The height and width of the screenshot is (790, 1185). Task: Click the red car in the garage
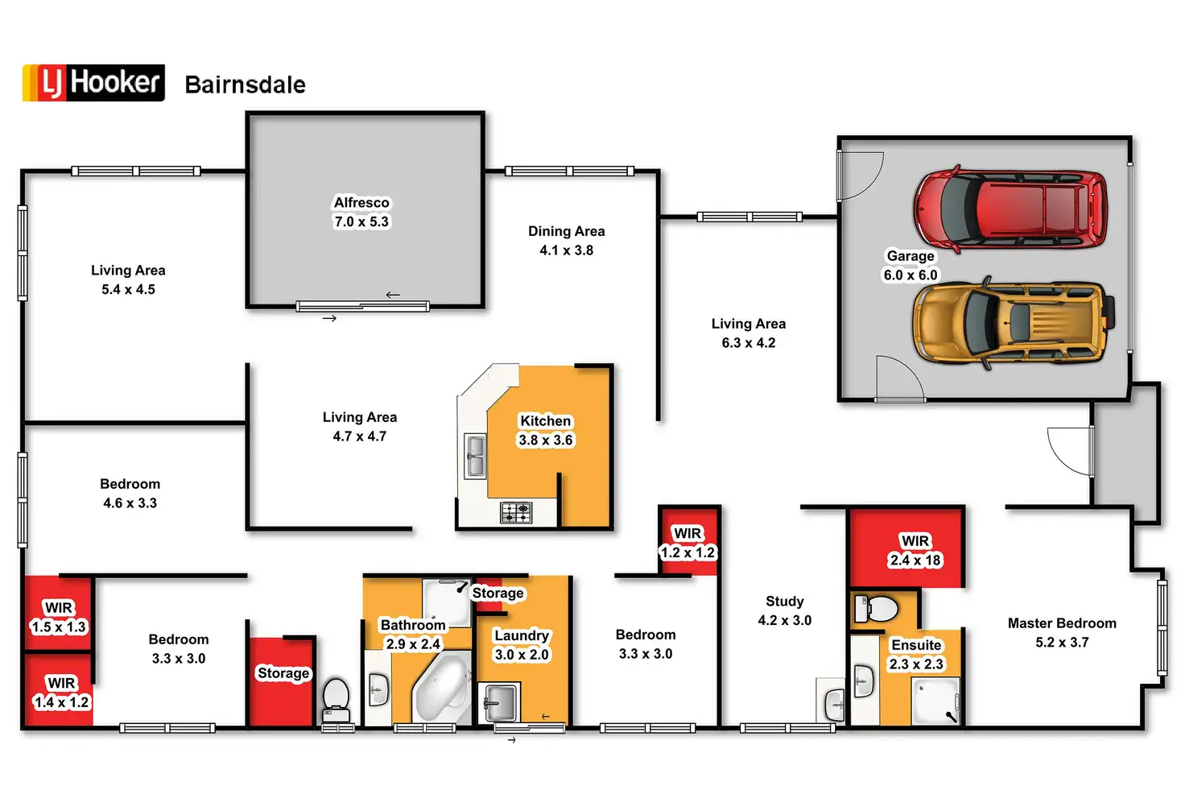1010,207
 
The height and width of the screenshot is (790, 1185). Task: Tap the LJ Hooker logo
93,83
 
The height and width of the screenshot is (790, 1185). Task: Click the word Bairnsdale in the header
245,85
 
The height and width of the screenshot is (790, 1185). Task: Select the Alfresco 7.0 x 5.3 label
361,212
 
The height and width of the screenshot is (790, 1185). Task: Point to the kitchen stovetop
516,511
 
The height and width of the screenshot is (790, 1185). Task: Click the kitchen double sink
476,455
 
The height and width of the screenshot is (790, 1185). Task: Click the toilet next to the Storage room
336,698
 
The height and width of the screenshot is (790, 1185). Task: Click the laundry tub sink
498,701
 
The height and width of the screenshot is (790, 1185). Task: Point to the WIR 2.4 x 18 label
915,551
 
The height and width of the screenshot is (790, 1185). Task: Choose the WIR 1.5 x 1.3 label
59,618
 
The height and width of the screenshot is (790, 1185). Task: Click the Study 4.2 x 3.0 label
784,611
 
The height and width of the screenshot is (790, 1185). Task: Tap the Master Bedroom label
1062,632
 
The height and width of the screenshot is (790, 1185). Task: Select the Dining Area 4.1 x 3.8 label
566,241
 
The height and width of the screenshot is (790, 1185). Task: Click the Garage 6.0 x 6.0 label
910,265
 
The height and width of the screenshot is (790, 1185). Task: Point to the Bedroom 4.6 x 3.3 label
130,493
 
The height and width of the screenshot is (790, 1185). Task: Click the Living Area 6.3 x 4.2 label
748,333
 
